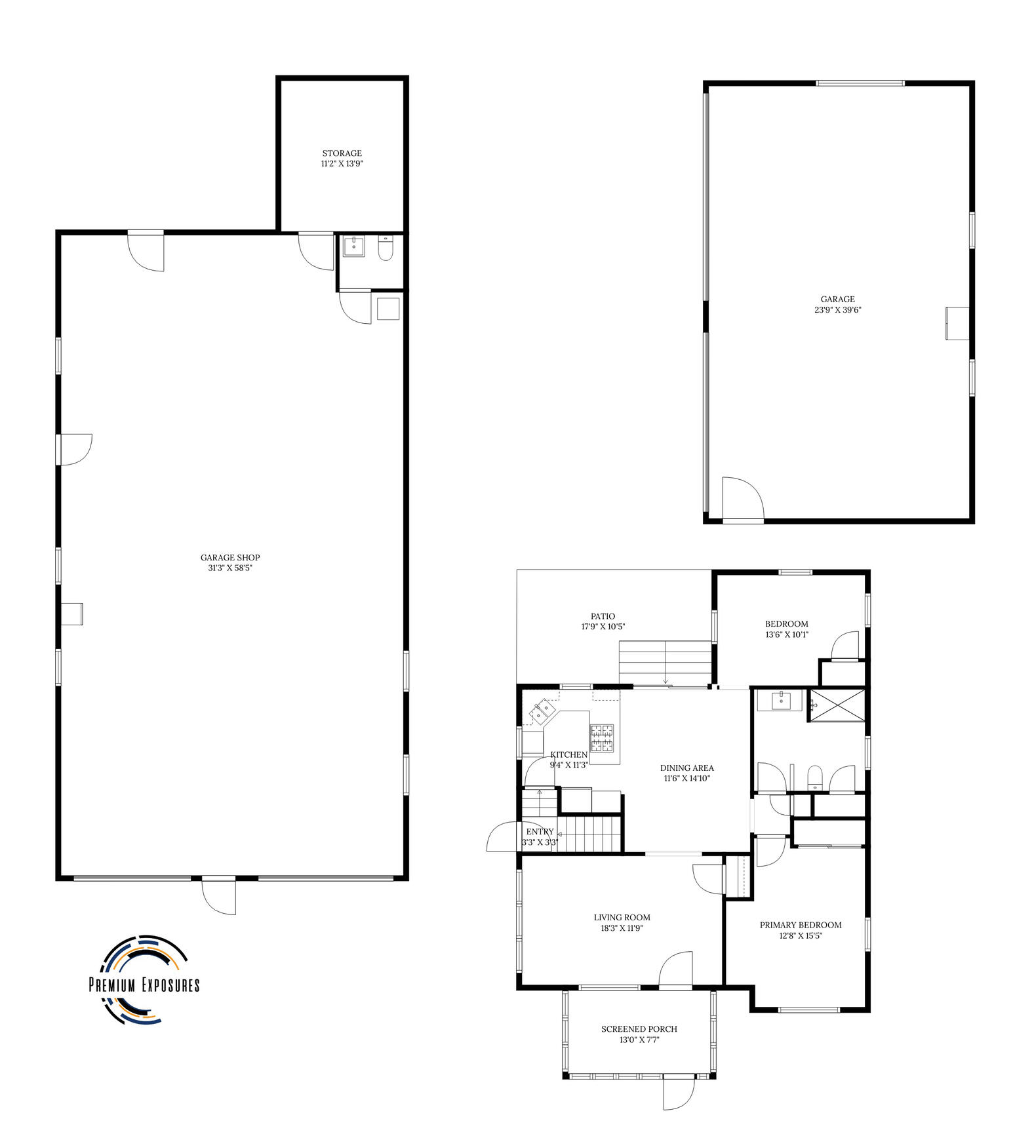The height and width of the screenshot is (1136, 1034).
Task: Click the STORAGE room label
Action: (x=342, y=153)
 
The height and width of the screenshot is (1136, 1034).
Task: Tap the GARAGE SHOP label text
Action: (x=230, y=558)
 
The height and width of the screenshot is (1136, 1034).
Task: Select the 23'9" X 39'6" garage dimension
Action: (x=837, y=310)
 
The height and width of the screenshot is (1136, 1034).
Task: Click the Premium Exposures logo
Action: (x=144, y=979)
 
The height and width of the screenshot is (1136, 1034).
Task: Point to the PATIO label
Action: (x=603, y=616)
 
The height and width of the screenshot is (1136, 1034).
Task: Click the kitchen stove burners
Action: (x=603, y=737)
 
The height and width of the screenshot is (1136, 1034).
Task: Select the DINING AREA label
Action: (x=686, y=768)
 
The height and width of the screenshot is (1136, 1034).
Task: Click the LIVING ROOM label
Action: (x=622, y=917)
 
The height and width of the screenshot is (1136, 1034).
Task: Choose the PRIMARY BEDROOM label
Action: (x=801, y=925)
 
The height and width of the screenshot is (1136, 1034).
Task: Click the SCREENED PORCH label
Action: (x=639, y=1029)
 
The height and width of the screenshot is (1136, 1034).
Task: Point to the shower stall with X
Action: (x=836, y=705)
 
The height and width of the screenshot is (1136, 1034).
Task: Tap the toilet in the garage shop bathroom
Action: (x=386, y=249)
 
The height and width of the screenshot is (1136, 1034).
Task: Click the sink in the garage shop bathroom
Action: (x=355, y=247)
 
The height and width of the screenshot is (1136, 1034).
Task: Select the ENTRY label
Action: (x=540, y=832)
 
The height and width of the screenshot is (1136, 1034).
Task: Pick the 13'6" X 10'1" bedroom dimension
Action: (x=786, y=635)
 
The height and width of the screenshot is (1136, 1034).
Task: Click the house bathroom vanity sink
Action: (x=780, y=701)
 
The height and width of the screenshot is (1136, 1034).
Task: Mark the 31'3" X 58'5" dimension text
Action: (x=230, y=568)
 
